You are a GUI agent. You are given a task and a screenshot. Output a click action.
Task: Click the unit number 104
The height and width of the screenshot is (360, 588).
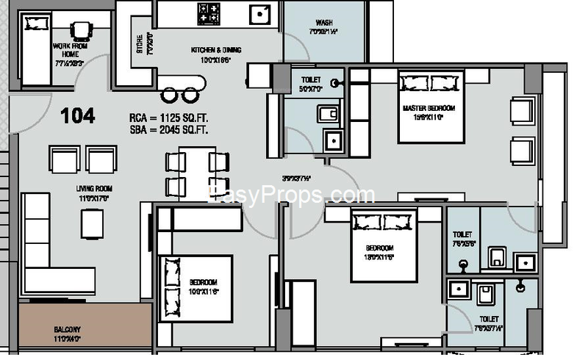pyautogui.click(x=77, y=115)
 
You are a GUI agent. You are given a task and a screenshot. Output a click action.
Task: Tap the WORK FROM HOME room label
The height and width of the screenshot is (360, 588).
pyautogui.click(x=71, y=49)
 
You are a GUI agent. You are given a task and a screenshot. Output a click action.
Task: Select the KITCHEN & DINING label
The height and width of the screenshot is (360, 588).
pyautogui.click(x=215, y=50)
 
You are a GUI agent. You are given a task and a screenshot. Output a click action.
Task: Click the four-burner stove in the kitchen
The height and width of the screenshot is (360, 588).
pyautogui.click(x=209, y=12)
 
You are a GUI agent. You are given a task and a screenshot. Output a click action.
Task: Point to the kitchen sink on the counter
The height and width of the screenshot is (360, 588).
pyautogui.click(x=259, y=12)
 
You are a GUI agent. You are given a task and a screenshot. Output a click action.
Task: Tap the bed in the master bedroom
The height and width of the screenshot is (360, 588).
pyautogui.click(x=431, y=107)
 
